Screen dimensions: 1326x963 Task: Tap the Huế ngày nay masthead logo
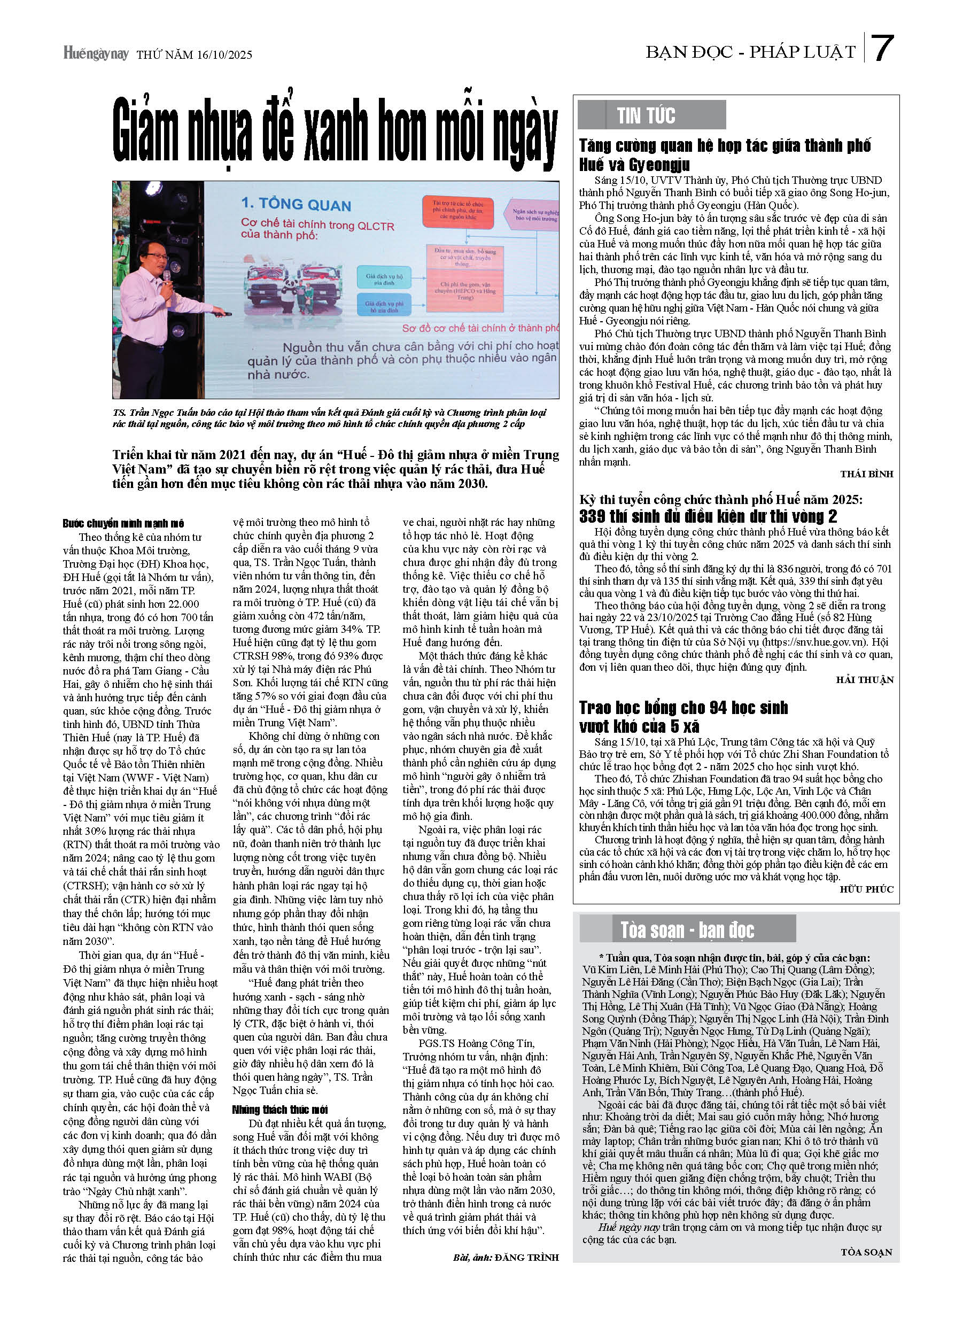[x=95, y=53]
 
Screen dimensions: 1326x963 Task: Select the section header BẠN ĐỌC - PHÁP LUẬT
[x=750, y=52]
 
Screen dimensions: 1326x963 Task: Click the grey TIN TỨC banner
[x=651, y=115]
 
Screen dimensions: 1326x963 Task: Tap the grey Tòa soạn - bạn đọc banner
[x=687, y=929]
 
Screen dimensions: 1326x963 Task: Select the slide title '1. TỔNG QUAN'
[x=296, y=204]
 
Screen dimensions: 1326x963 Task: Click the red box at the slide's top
[x=458, y=212]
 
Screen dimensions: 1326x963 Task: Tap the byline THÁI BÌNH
[x=866, y=474]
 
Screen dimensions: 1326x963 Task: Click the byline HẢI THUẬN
[x=865, y=680]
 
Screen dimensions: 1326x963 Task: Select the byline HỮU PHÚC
[x=866, y=889]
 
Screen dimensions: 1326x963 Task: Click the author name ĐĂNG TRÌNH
[x=526, y=1258]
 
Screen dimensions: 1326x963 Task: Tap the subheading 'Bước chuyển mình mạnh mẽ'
[x=123, y=523]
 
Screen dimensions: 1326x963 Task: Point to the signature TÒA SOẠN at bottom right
[x=866, y=1252]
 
